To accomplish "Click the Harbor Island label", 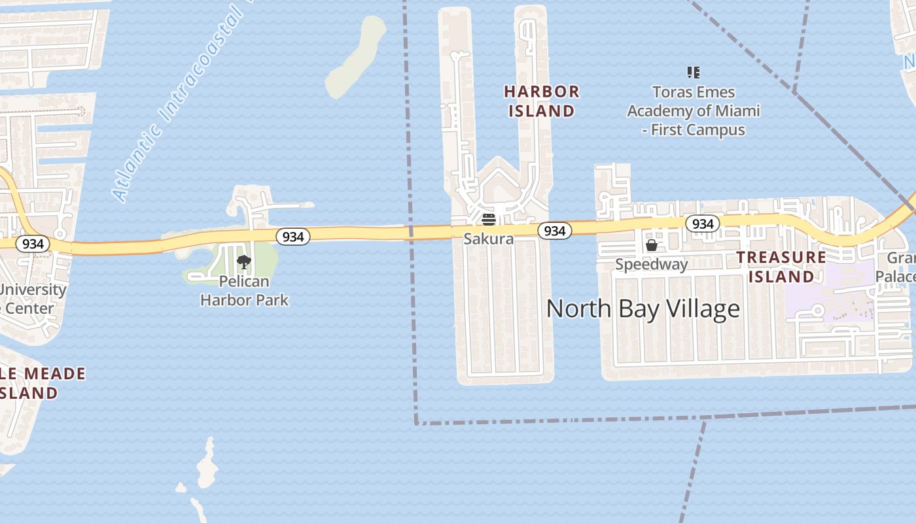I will point(542,101).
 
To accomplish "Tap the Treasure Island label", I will point(781,267).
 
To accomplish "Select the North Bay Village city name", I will point(643,309).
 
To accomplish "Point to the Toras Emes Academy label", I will point(694,110).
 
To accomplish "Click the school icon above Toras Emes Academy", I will point(694,73).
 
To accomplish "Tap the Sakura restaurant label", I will point(489,239).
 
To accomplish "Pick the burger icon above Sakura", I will point(489,219).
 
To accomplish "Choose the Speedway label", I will point(652,264).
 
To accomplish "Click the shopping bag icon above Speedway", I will point(652,245).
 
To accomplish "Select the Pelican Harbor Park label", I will point(244,291).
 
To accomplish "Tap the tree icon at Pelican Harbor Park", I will point(244,263).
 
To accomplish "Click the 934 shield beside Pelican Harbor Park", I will point(292,237).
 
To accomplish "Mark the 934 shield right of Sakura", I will point(554,231).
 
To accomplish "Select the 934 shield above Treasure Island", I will point(703,224).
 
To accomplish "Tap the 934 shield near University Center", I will point(32,244).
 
